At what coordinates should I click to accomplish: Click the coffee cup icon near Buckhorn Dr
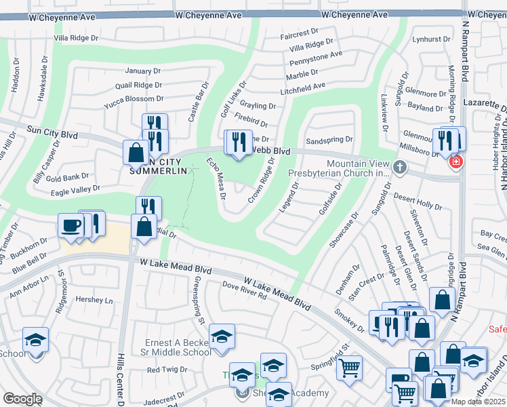70,226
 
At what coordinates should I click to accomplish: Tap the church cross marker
400,167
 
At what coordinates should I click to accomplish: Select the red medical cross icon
456,162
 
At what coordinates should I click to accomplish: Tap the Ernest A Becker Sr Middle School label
178,347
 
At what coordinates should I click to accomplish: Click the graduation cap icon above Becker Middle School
222,336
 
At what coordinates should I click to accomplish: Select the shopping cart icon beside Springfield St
349,368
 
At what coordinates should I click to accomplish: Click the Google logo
22,399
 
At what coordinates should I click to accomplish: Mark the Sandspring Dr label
330,140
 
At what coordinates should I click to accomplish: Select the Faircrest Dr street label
299,33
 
